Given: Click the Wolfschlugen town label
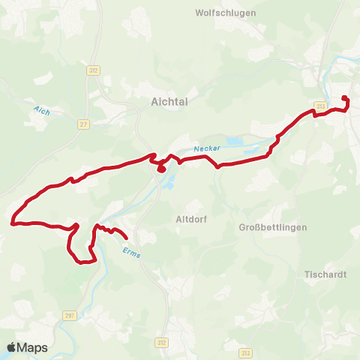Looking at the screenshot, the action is coord(225,13).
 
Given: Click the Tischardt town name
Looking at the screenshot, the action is coord(325,274).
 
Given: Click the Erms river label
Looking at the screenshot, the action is coord(130,252).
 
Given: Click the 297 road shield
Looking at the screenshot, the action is coord(70,316).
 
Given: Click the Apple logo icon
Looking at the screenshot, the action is coord(12,347).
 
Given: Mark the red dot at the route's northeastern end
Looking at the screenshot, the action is coord(344,98).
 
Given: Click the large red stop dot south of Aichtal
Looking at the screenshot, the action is coord(161,169).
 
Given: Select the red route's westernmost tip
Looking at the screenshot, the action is coord(12,222).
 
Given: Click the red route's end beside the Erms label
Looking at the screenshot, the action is coord(125,238).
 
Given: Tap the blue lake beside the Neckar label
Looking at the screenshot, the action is coord(235,141).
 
